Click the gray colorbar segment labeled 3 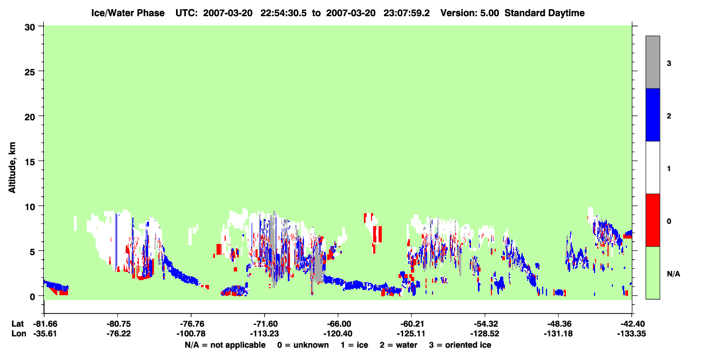point(652,62)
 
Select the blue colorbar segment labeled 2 point(652,114)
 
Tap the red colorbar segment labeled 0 point(652,220)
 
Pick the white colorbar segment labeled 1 point(652,167)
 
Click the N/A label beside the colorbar point(673,274)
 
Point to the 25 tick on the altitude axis point(30,71)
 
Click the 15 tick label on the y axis point(30,161)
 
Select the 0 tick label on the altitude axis point(32,296)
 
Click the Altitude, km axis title point(12,167)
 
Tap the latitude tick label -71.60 point(264,324)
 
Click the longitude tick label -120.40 point(337,334)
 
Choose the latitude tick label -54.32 point(484,324)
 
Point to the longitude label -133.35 point(631,334)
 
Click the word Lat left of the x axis point(17,324)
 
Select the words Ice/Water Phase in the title point(128,13)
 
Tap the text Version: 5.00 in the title point(469,13)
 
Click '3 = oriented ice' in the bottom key point(460,345)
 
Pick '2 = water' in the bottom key point(399,345)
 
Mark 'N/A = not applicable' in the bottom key point(225,345)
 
